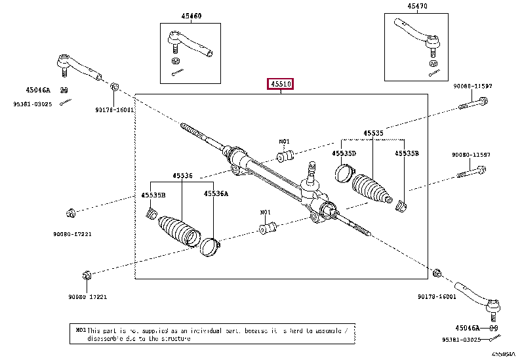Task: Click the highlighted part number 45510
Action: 279,84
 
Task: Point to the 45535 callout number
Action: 373,133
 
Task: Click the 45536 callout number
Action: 183,176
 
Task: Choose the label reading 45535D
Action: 343,153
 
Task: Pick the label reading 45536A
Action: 216,194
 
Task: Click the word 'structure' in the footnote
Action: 174,340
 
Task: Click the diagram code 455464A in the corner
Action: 504,353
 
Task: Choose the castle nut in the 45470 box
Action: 433,64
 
